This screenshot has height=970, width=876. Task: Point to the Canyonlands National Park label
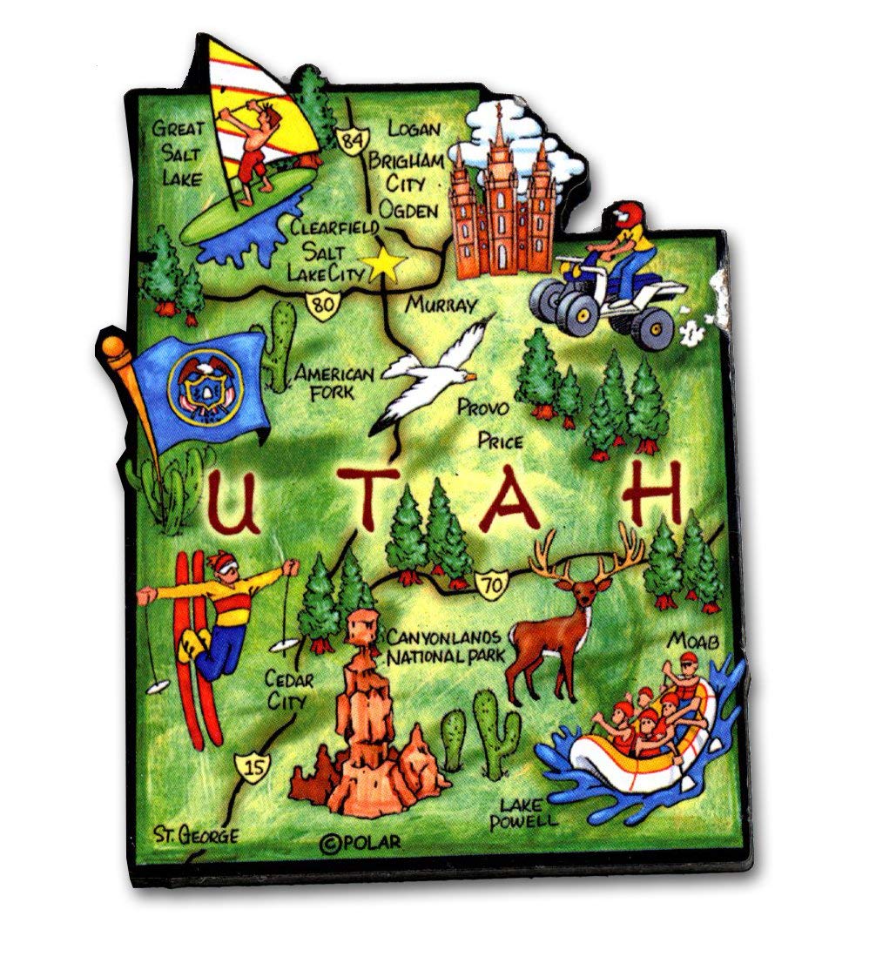[446, 645]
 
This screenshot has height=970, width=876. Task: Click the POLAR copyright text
[362, 842]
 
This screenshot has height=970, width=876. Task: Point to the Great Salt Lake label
[178, 153]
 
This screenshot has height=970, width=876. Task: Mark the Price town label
[500, 441]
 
